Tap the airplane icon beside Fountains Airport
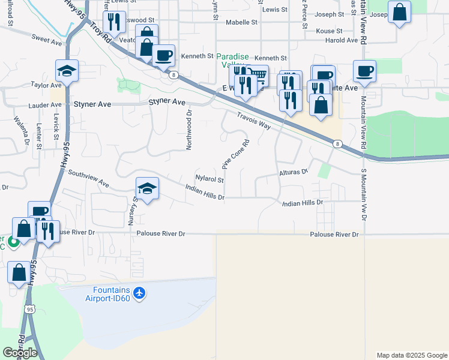[x=139, y=293]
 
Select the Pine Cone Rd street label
[x=235, y=154]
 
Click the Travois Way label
[x=253, y=121]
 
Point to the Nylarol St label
[x=209, y=179]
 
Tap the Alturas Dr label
[x=293, y=172]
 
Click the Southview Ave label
[x=88, y=178]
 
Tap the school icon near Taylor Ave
[x=67, y=71]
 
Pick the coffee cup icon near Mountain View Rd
[x=364, y=72]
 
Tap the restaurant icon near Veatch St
[x=112, y=22]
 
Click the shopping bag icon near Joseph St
[x=399, y=12]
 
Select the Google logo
[x=20, y=353]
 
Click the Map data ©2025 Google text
[x=411, y=355]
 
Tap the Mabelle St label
[x=241, y=22]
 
